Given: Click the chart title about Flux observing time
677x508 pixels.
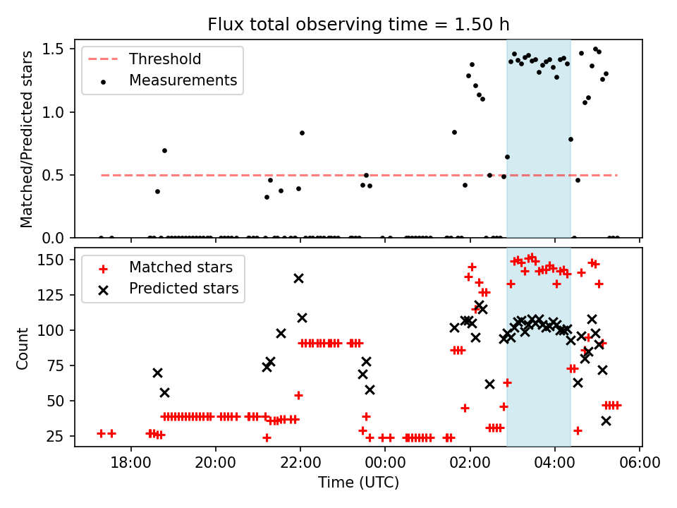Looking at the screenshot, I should [358, 25].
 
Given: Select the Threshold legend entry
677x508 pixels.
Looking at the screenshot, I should [164, 59].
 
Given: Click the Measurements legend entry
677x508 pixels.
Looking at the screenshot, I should [183, 80].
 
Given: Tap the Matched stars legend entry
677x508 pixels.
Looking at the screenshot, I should [180, 267].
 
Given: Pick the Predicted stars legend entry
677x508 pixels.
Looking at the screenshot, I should [183, 289].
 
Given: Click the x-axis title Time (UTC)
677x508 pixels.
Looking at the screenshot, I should [358, 483].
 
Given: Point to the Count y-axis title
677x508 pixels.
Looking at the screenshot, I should [23, 347].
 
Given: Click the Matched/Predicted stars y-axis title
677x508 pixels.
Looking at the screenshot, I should [27, 139].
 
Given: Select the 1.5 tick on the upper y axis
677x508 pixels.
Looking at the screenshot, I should [56, 49].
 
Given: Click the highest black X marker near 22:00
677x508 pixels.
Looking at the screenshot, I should [298, 278].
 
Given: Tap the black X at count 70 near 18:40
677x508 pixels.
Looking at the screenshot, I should [157, 373].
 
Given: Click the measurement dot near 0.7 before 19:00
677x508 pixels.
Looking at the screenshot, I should [164, 150].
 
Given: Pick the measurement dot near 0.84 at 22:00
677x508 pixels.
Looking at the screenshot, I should [302, 133].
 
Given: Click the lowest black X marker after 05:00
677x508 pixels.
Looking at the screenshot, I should [606, 421].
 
